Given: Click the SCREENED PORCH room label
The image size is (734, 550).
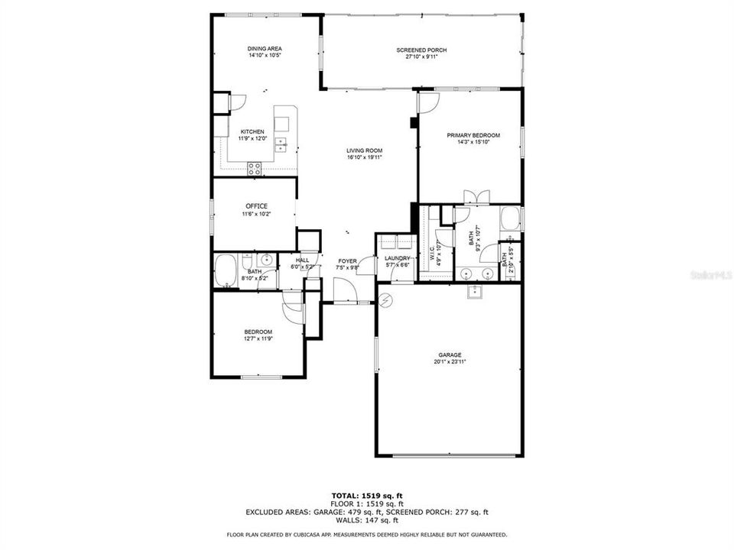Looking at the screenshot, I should click(x=421, y=50).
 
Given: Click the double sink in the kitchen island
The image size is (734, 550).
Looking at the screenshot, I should click(x=281, y=144).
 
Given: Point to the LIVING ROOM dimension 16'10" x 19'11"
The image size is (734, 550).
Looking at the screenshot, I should click(x=364, y=157).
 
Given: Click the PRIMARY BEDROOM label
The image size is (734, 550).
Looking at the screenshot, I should click(x=473, y=135).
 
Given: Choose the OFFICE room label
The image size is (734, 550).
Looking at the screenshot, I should click(x=256, y=206).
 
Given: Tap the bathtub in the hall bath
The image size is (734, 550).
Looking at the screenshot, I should click(x=226, y=272).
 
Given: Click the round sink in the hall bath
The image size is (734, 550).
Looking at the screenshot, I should click(x=267, y=261).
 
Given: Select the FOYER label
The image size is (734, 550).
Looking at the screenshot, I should click(x=348, y=261).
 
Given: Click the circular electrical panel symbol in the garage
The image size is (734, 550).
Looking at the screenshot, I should click(x=386, y=299).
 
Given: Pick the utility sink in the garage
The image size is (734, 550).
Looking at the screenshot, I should click(x=474, y=290).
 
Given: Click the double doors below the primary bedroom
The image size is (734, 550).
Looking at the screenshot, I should click(x=474, y=197).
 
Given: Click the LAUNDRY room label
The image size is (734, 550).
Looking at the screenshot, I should click(x=398, y=258).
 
